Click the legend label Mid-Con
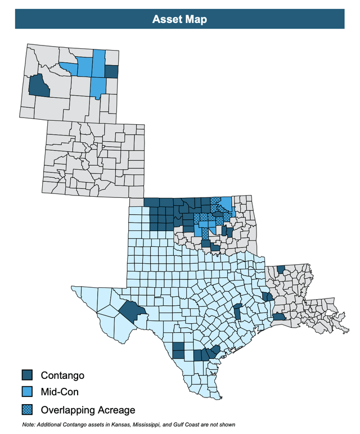(60, 391)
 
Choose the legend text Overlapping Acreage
(88, 409)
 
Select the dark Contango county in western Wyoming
(38, 86)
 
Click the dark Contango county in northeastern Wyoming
(111, 71)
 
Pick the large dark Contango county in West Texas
(132, 310)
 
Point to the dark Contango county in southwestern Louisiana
(279, 317)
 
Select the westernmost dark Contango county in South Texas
(178, 350)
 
